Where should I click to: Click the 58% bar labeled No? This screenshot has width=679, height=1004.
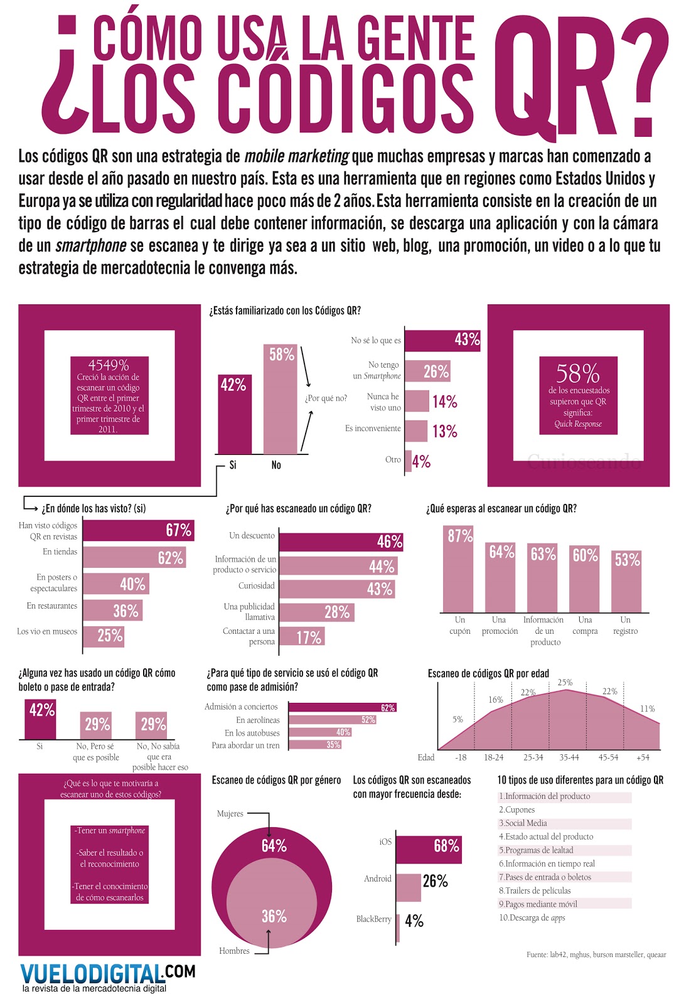(280, 402)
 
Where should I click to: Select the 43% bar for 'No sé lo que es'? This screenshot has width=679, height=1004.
(442, 339)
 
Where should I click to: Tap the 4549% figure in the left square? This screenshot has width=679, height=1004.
(109, 365)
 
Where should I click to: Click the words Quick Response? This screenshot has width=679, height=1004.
(578, 424)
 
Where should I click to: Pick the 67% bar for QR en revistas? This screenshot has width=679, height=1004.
(138, 530)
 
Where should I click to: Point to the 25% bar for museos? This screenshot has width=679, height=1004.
(104, 636)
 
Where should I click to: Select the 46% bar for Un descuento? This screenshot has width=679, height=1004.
(340, 542)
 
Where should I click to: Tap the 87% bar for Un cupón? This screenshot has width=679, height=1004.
(459, 569)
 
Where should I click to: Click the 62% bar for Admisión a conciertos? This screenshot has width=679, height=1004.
(342, 707)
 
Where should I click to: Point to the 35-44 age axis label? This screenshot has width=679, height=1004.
(569, 757)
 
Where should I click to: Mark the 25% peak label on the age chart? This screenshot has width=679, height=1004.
(565, 683)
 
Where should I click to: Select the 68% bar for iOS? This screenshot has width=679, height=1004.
(429, 849)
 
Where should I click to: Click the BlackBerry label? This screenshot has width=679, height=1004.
(373, 919)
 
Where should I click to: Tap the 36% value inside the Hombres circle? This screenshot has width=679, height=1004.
(274, 916)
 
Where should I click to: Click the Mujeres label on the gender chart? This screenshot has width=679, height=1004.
(230, 814)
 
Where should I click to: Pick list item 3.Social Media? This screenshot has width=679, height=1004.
(523, 823)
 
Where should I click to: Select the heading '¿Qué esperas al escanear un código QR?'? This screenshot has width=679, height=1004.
(501, 509)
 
